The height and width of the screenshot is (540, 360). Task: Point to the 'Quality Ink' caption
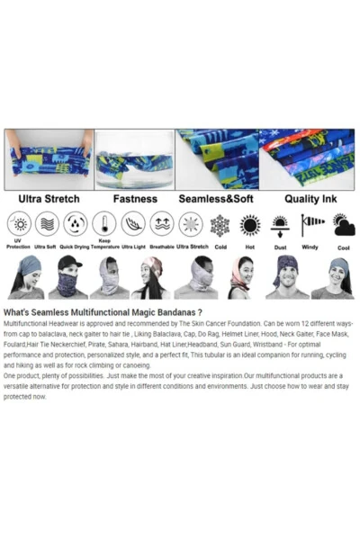(x=306, y=198)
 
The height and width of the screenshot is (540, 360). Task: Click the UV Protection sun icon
(x=18, y=224)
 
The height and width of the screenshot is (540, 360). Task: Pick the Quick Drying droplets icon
(x=76, y=224)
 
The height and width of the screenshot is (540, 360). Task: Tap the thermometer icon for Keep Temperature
(x=104, y=224)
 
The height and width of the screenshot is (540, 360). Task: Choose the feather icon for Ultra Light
(x=133, y=224)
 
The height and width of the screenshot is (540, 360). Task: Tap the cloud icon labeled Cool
(x=343, y=224)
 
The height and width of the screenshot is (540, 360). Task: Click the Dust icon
(x=281, y=224)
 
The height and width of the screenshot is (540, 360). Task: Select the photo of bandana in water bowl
(x=134, y=158)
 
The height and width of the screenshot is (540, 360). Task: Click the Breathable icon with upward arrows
(x=162, y=224)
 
